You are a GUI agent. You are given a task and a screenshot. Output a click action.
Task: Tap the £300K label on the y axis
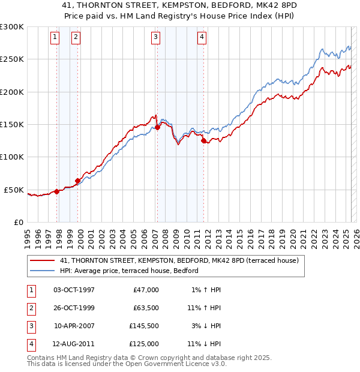[x=12, y=27]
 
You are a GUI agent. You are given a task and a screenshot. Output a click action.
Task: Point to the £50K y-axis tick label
[x=14, y=190]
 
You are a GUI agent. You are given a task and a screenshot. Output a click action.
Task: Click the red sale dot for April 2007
[x=157, y=127]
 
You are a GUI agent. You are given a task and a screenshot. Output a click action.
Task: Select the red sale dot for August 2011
[x=204, y=140]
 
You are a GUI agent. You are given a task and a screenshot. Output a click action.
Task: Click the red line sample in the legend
[x=43, y=260]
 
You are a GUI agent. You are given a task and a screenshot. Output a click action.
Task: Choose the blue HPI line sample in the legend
[x=43, y=271]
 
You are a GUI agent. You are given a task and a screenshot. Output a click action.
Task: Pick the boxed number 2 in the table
[x=31, y=308]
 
